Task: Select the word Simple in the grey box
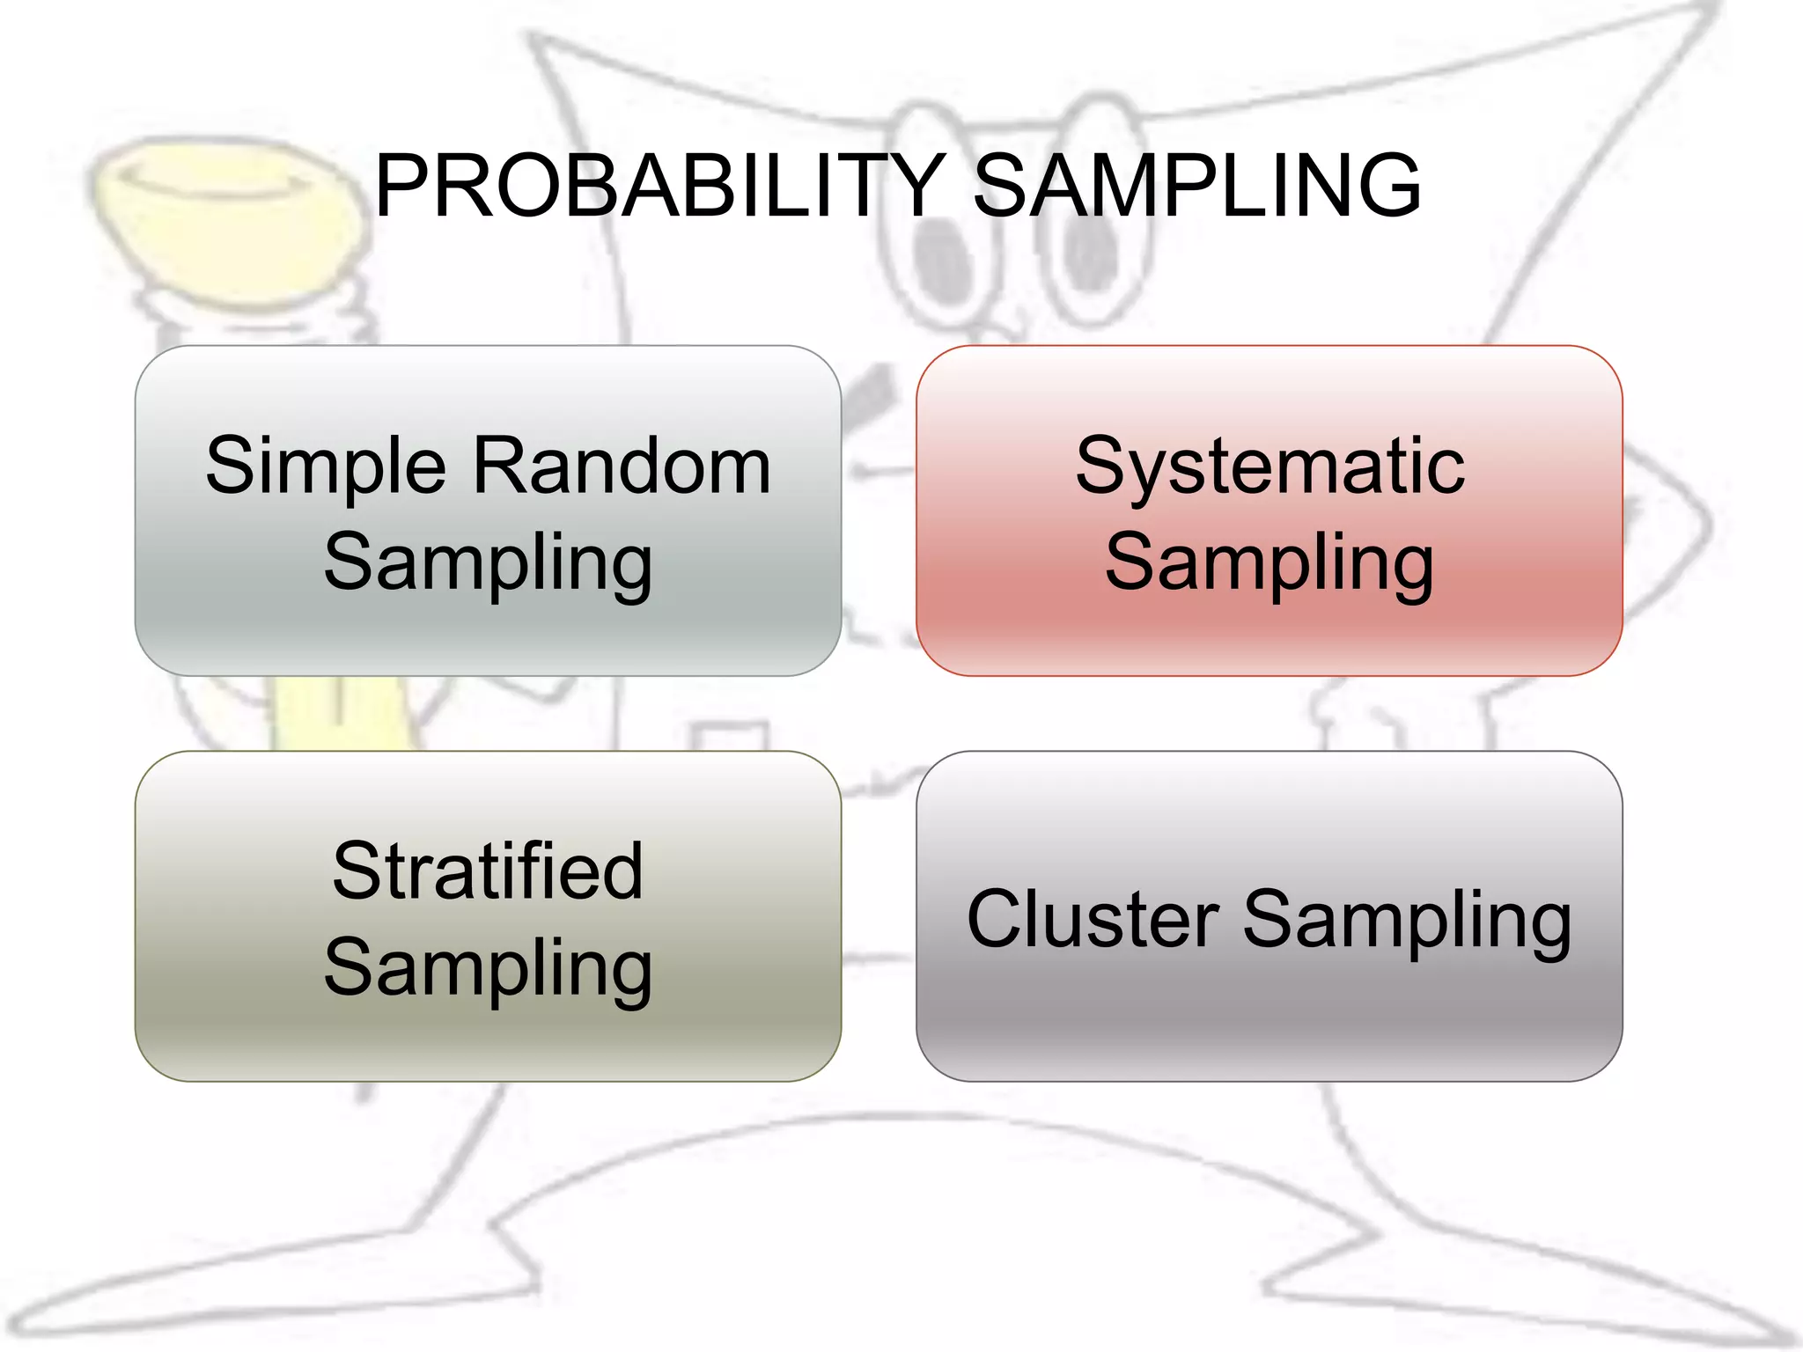pos(326,467)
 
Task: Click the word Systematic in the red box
pos(1269,467)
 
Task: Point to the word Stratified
pos(488,871)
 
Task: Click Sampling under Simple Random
pos(488,563)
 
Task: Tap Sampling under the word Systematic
pos(1269,563)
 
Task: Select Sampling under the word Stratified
pos(488,968)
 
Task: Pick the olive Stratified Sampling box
pos(488,1039)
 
